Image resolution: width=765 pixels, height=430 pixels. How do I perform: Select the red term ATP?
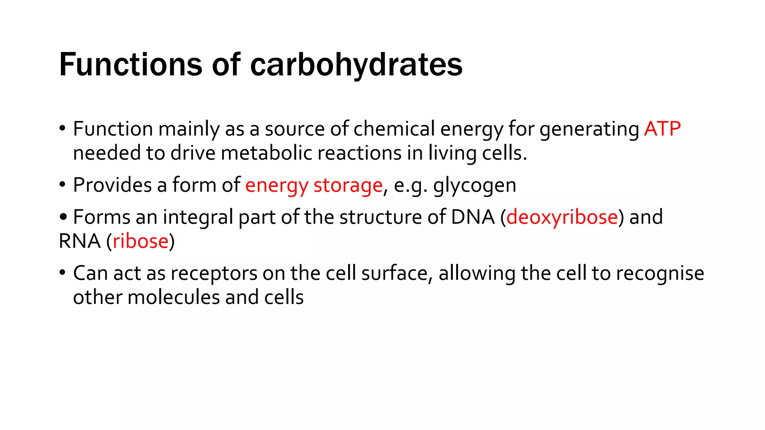tap(662, 129)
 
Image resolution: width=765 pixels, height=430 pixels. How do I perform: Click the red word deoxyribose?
tap(562, 217)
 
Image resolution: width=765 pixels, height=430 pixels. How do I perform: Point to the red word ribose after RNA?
tap(140, 241)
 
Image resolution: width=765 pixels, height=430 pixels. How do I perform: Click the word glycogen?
tap(475, 186)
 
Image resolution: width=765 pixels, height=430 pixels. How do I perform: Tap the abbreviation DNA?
tap(473, 217)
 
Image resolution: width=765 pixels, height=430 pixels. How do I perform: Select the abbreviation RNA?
tap(80, 241)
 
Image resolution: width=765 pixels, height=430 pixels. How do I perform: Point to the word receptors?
tap(214, 273)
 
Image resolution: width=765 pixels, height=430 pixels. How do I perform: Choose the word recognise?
tap(660, 273)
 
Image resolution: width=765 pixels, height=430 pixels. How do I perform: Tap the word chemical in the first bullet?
tap(394, 129)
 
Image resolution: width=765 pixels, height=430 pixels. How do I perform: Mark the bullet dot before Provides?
tap(62, 184)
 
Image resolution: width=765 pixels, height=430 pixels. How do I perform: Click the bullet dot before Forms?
tap(63, 216)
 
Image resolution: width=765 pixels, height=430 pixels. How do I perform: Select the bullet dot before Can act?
tap(62, 272)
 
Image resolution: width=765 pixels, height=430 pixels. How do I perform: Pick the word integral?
tap(198, 217)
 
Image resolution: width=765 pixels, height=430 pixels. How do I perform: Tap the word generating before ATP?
tap(589, 129)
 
